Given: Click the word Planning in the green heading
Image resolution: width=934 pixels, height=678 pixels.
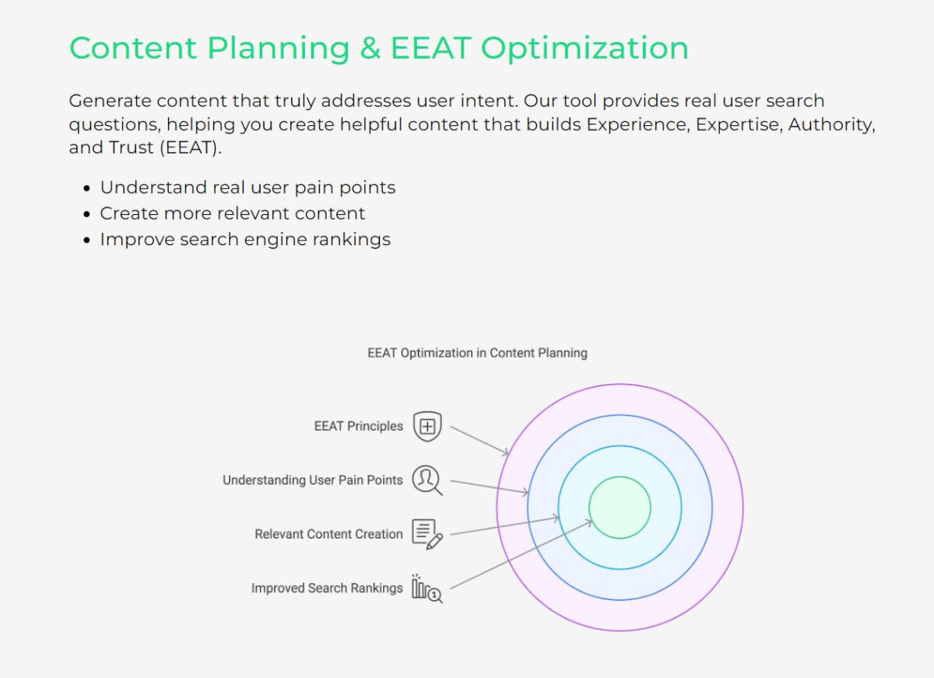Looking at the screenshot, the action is point(278,49).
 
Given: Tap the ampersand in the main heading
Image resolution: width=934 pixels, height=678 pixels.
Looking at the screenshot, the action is point(370,48).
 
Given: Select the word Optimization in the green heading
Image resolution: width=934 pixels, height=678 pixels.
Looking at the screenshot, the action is point(585,49).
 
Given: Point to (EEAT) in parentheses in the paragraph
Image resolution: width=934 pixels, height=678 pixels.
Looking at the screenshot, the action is point(191,147).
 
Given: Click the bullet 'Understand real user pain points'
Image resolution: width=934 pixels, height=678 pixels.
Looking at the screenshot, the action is point(248,188).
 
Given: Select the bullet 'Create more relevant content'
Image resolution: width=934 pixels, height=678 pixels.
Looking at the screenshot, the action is point(232,213).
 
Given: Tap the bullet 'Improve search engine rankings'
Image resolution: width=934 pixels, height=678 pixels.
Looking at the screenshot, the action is point(245,239).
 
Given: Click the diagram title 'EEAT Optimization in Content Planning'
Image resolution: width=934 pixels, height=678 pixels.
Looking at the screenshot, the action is point(477,353).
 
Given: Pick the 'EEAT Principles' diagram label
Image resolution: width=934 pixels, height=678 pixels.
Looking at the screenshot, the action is point(359,426).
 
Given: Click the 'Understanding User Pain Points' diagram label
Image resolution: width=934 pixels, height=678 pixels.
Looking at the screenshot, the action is point(313,480).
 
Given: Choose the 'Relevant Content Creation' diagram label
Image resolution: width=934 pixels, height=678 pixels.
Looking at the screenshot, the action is point(328,534).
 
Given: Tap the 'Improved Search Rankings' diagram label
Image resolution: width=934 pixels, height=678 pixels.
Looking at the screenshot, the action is point(327,588).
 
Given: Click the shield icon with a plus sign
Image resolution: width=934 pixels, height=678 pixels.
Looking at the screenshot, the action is point(427,426).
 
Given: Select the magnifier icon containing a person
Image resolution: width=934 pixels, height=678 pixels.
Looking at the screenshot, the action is point(427,480).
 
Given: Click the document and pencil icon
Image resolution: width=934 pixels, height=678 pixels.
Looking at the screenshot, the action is point(427,534).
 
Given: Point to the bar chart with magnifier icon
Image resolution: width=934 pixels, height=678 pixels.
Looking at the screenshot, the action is point(427,588).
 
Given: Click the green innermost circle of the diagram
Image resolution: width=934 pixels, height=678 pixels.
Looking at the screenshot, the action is point(620,508).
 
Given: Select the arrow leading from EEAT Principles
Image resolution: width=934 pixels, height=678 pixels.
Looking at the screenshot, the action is point(479,441).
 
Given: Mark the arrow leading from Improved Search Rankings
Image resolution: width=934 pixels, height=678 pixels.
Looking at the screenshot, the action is point(521,554).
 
